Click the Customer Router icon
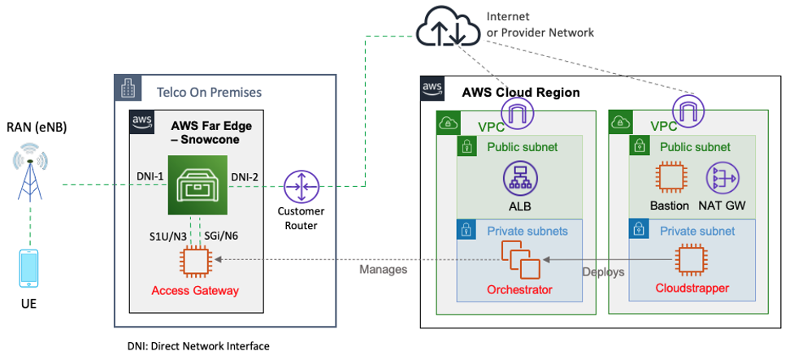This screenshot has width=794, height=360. [x=297, y=188]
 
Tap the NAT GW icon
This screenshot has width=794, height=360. [x=723, y=177]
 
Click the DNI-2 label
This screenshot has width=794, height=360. [x=245, y=177]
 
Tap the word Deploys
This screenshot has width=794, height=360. [x=604, y=271]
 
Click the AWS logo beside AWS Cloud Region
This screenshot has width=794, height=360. [x=432, y=89]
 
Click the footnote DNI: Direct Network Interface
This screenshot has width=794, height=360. [x=197, y=346]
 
